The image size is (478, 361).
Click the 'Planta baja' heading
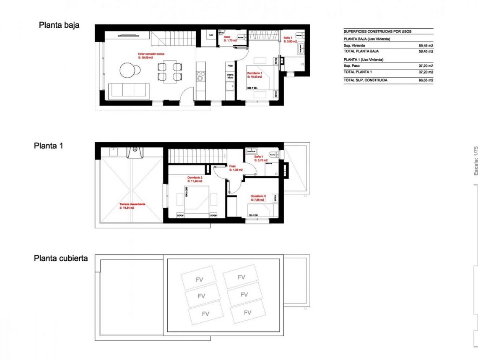coord(59,25)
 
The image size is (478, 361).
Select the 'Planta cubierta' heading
coord(61,258)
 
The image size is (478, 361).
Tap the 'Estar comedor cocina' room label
coord(151,54)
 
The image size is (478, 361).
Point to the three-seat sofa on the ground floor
coord(128,90)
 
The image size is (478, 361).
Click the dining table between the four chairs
coord(169,71)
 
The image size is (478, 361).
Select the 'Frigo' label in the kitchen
coord(230,66)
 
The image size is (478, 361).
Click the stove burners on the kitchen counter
coord(200,76)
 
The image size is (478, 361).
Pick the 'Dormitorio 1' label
coord(255,73)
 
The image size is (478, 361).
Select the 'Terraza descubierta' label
coord(132,204)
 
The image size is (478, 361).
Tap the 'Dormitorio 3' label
coord(258,196)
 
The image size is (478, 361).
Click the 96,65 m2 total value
coord(426,80)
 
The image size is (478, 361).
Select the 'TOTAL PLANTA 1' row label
coord(358,72)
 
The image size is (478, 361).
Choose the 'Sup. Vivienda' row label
coord(354,45)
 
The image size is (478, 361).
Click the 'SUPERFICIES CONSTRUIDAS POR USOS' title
coord(377,31)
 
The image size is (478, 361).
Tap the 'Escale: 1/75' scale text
coord(475,161)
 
